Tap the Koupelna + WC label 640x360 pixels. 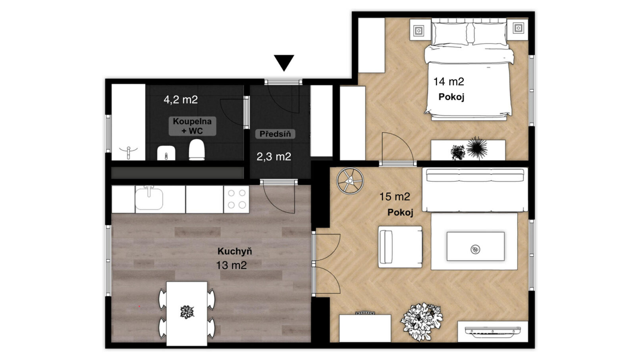click(x=192, y=126)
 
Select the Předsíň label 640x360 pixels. click(x=275, y=134)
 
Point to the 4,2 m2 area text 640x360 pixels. click(x=181, y=100)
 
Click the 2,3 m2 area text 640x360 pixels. click(x=274, y=156)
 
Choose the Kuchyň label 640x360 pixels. click(x=235, y=251)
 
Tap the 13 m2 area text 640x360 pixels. click(x=231, y=266)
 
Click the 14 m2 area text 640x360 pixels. click(x=449, y=82)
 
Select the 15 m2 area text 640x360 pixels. click(x=395, y=196)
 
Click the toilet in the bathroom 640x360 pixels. click(x=197, y=149)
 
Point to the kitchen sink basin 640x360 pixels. click(x=149, y=198)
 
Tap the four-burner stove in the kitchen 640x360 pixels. click(x=236, y=199)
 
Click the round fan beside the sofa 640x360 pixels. click(x=350, y=181)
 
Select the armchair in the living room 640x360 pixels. click(x=400, y=247)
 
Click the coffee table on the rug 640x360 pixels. click(x=475, y=246)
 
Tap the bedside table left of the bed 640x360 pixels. click(x=420, y=30)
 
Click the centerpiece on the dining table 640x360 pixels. click(x=187, y=312)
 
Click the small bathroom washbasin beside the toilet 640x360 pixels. click(x=166, y=153)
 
